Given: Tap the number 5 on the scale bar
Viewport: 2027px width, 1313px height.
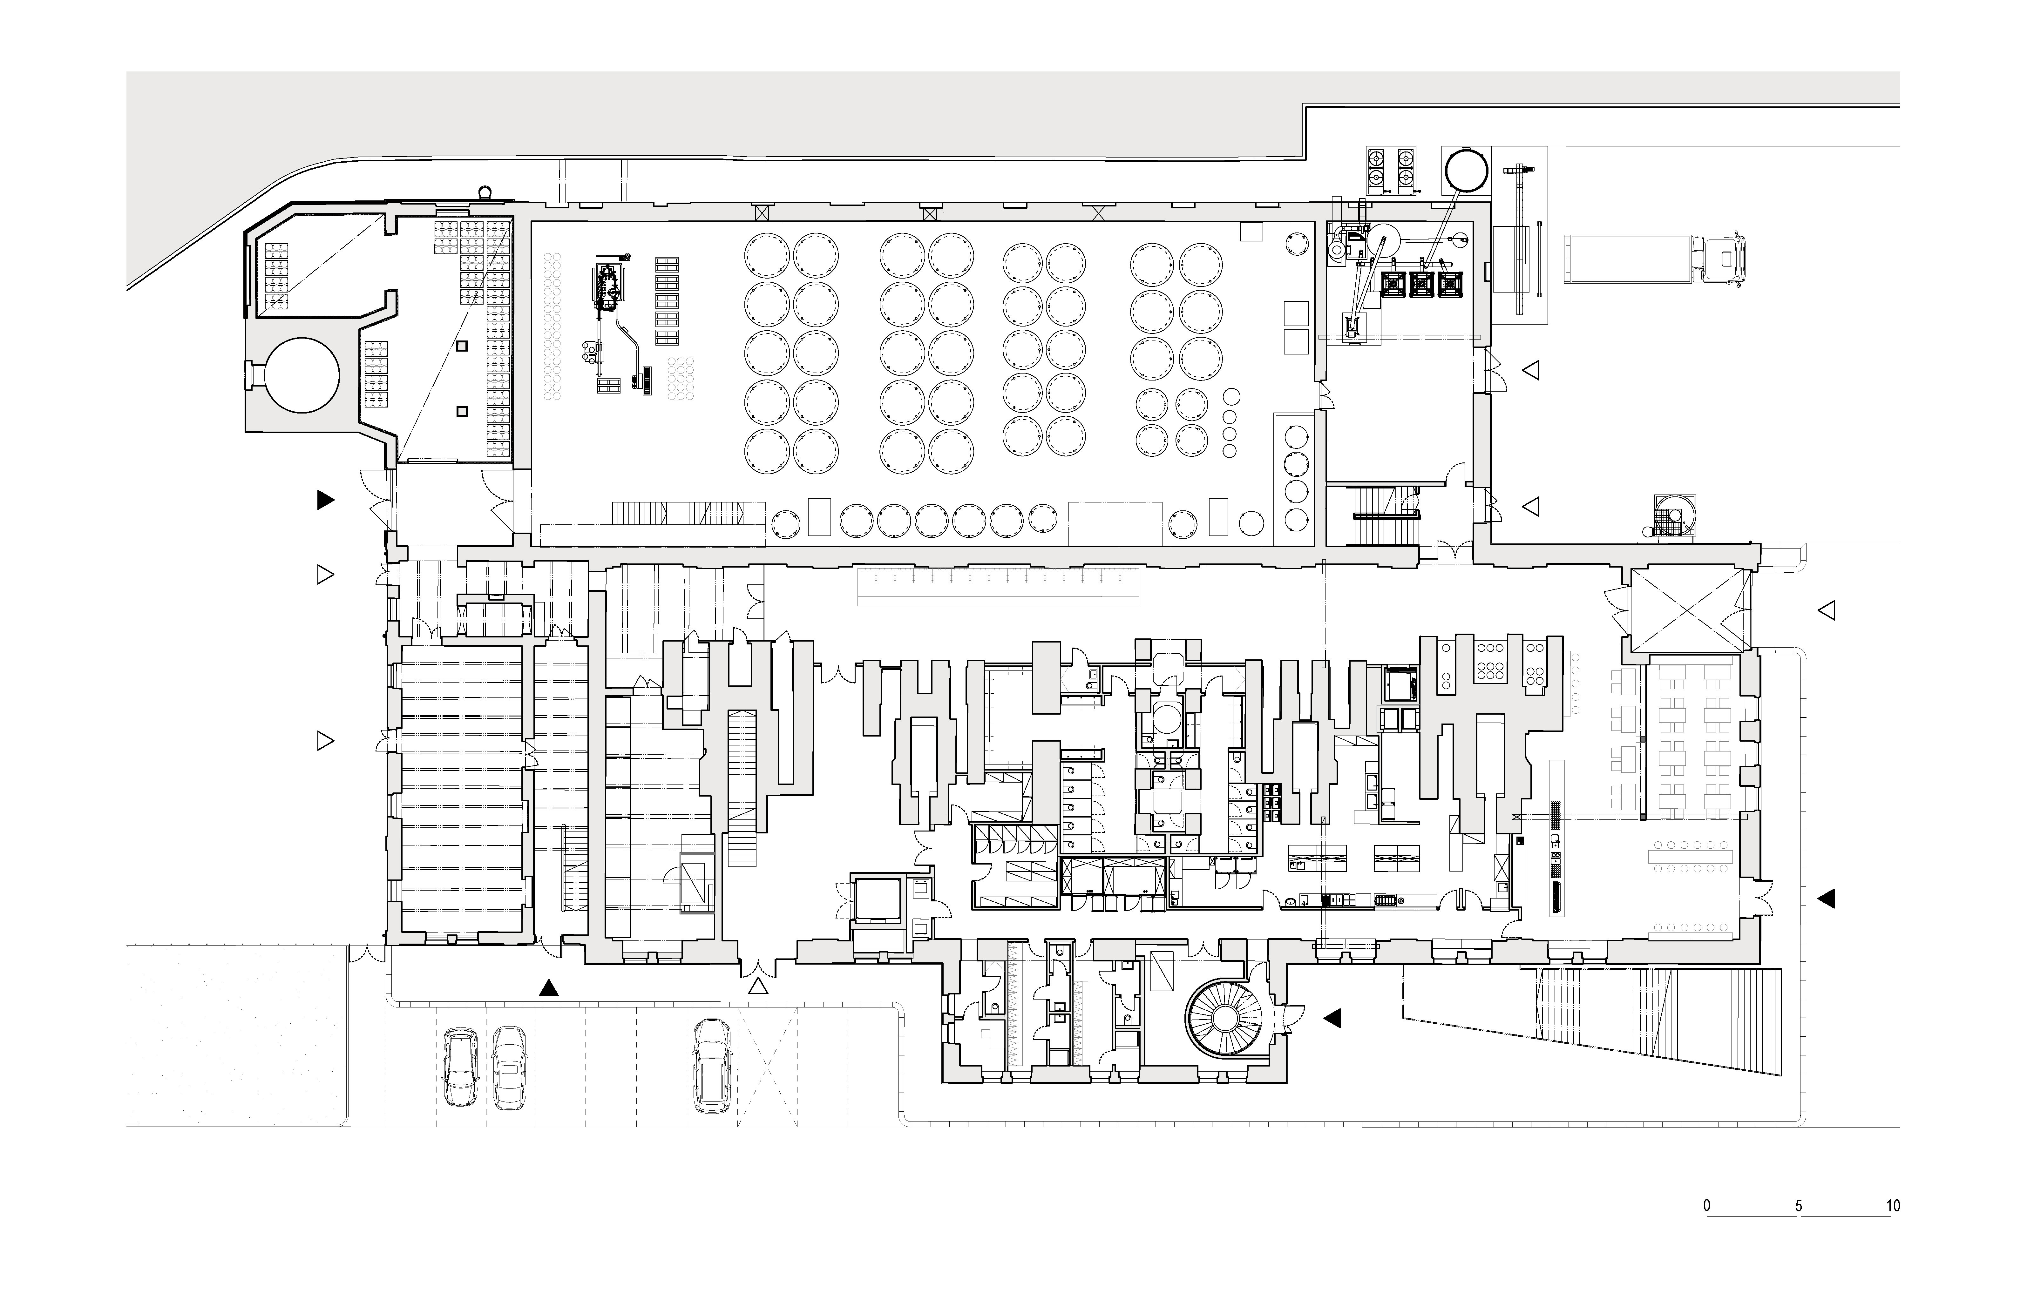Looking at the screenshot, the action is (x=1799, y=1206).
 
